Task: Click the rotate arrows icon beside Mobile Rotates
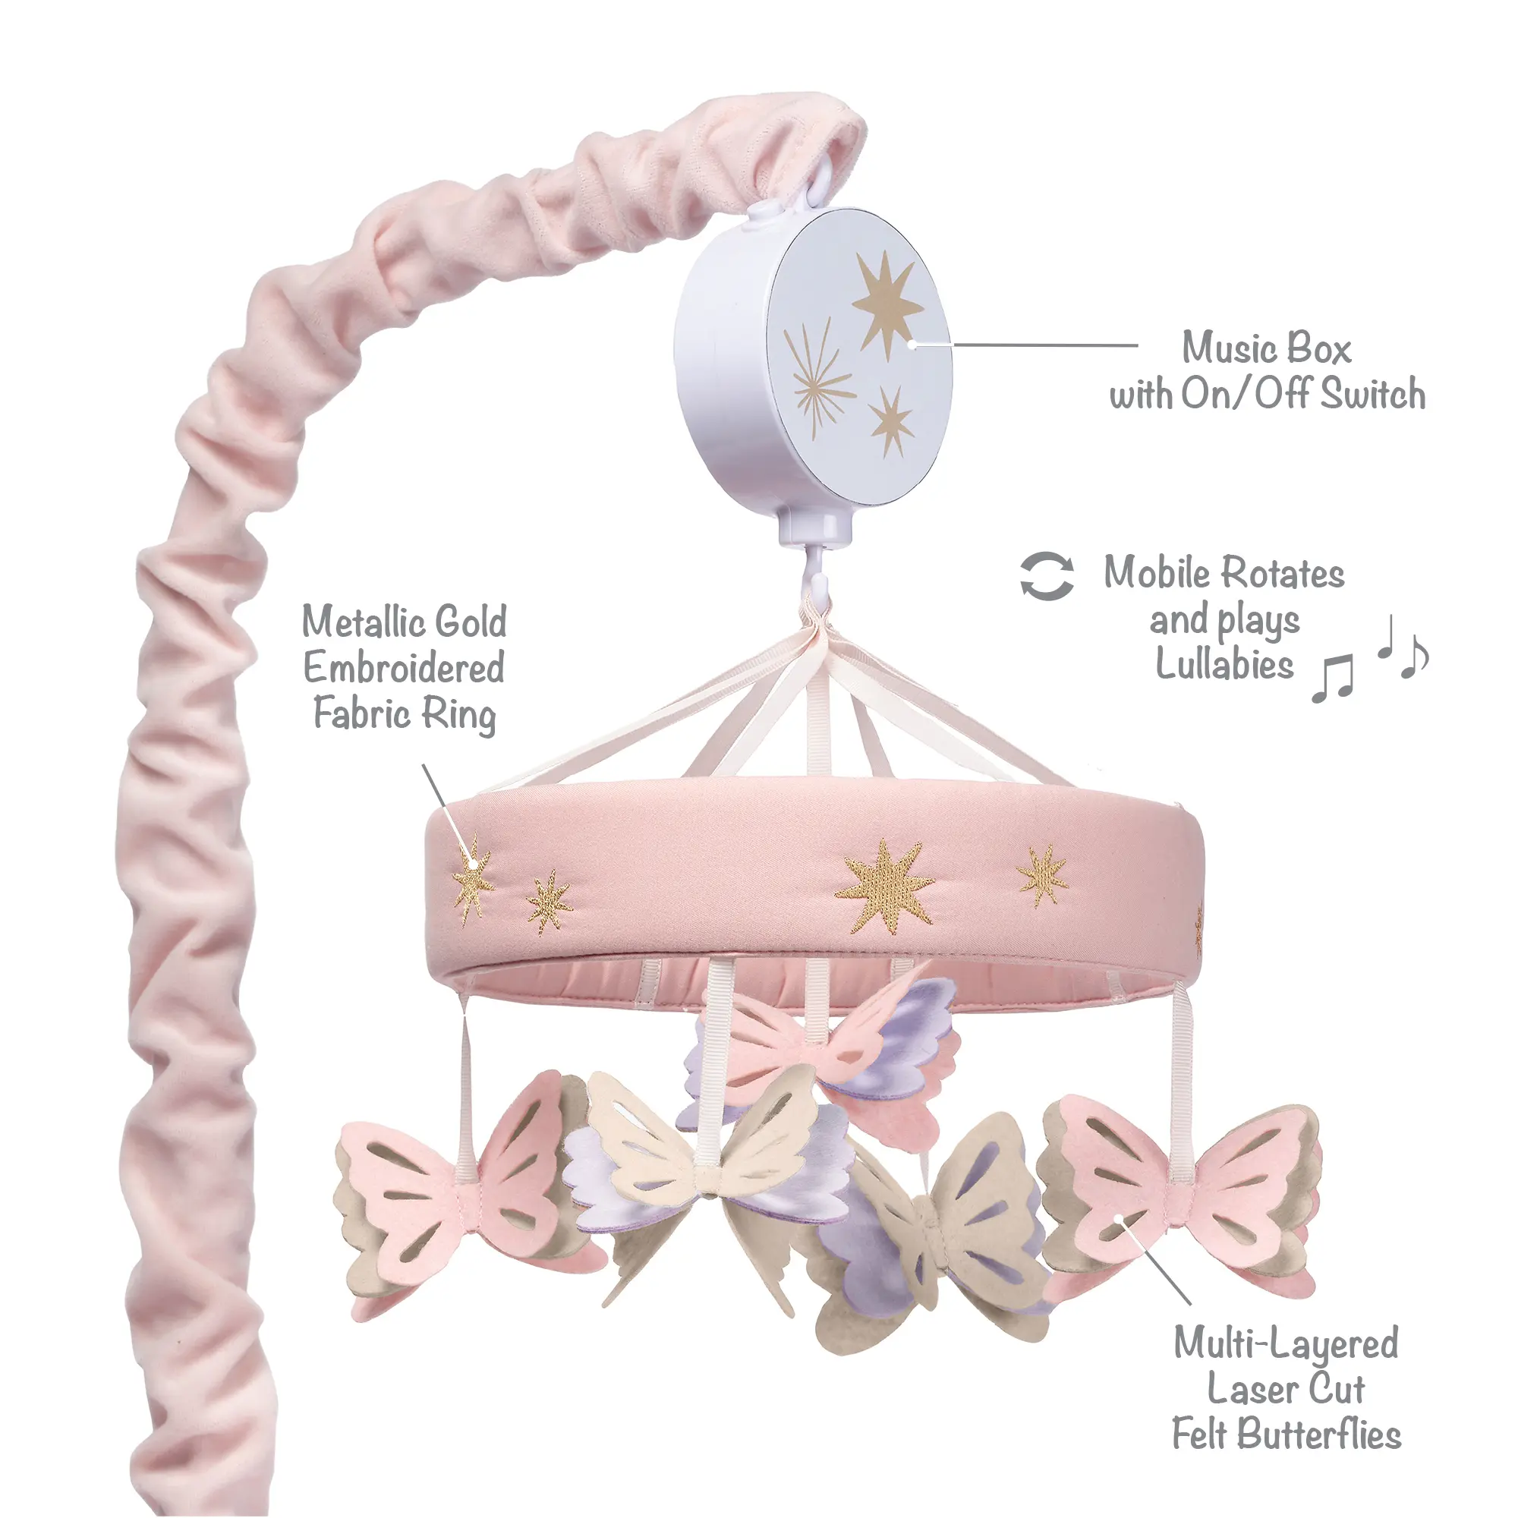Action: tap(1047, 576)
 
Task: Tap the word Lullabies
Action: tap(1224, 664)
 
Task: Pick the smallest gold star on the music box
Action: tap(891, 423)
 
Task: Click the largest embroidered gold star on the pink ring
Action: tap(885, 887)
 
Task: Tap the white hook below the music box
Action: tap(817, 573)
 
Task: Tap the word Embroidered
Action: tap(404, 669)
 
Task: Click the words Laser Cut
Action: tap(1286, 1389)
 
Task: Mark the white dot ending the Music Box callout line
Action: tap(912, 343)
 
